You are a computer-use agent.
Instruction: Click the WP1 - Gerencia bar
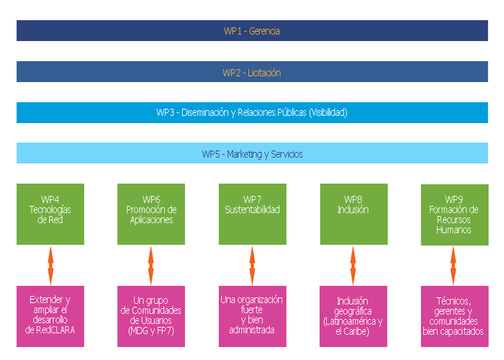(x=252, y=30)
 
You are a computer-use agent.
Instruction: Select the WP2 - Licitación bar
(x=252, y=72)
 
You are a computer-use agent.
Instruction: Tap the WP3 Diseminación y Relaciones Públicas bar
(x=252, y=112)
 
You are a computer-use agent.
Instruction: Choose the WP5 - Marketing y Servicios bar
(x=252, y=153)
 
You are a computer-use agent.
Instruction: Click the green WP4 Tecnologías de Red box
(x=50, y=214)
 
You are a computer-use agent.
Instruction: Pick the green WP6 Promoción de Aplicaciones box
(x=151, y=214)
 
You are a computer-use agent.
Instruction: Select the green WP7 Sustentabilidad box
(x=253, y=214)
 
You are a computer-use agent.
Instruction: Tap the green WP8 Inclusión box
(x=354, y=214)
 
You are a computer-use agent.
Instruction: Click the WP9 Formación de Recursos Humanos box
(x=455, y=215)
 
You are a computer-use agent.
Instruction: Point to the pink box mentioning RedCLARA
(x=50, y=316)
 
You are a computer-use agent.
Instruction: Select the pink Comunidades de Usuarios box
(x=151, y=316)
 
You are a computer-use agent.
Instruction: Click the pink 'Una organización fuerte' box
(x=253, y=316)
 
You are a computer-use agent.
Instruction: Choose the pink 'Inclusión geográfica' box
(x=354, y=316)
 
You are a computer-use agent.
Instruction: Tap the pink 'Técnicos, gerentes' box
(x=455, y=316)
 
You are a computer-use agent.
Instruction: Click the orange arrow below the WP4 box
(x=50, y=266)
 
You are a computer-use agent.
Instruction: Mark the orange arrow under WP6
(x=150, y=266)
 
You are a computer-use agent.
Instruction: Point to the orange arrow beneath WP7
(x=252, y=266)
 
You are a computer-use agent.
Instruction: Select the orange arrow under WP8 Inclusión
(x=353, y=266)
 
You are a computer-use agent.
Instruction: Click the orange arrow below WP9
(x=453, y=266)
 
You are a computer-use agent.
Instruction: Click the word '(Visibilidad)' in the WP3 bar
(x=328, y=113)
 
